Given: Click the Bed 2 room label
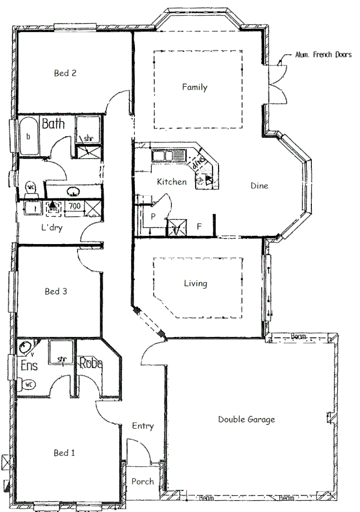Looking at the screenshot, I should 65,73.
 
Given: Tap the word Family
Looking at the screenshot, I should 195,87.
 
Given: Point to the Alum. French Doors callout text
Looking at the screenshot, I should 323,55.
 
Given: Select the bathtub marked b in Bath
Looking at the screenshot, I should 28,136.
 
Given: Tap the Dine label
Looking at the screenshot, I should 259,186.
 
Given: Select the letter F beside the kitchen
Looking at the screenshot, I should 199,227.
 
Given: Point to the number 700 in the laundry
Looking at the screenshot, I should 75,206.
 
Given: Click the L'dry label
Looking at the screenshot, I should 52,228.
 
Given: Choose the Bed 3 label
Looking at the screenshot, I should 56,292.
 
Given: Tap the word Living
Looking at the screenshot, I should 195,284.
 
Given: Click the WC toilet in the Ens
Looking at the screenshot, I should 29,384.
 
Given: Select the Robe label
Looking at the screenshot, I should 91,363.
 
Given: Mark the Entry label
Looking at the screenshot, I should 142,426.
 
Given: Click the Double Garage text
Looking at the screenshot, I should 246,420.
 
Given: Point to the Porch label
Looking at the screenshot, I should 142,482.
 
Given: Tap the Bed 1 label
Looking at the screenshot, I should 64,453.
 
